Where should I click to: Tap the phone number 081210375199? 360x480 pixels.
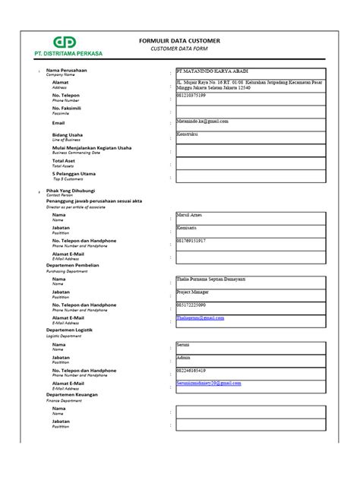(196, 95)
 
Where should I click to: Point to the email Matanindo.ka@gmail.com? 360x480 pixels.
(203, 120)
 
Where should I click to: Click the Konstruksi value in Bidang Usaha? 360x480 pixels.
(191, 133)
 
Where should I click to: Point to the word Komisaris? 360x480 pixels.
(190, 228)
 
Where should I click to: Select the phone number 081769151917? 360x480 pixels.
(196, 241)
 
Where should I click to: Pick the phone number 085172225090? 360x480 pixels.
(196, 305)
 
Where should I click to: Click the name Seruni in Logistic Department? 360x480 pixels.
(186, 344)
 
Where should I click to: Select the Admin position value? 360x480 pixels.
(185, 356)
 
